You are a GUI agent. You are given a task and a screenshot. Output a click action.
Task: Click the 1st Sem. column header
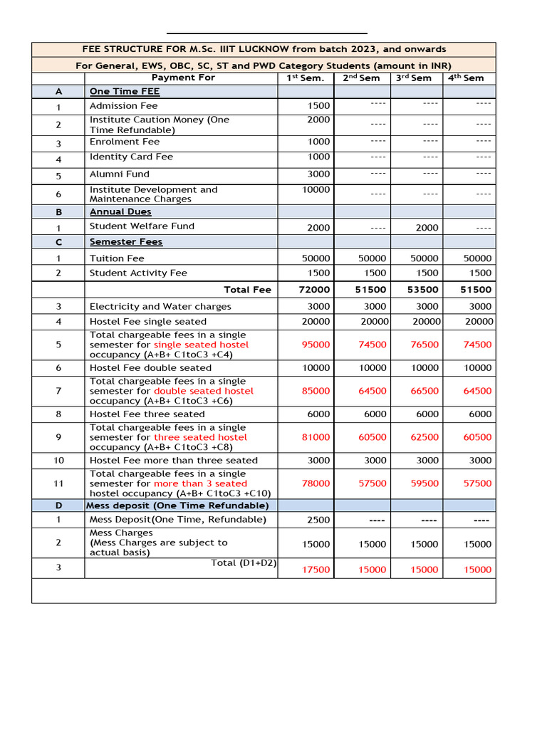[305, 78]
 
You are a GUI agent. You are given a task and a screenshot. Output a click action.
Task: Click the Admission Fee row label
[123, 106]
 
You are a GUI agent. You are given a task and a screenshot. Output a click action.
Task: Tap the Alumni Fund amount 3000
[318, 174]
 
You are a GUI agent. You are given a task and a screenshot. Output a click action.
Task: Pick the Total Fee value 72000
[314, 290]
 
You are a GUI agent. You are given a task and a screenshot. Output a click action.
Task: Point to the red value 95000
[316, 345]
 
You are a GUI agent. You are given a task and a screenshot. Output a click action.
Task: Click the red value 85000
[316, 391]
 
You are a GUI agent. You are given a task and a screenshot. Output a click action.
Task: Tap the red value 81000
[316, 437]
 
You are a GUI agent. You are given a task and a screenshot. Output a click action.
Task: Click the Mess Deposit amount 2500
[318, 520]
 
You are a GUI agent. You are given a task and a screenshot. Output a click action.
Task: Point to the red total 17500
[316, 570]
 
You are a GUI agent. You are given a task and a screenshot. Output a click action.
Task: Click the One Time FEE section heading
[125, 91]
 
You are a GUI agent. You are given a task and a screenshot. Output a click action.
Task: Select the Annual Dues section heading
[120, 211]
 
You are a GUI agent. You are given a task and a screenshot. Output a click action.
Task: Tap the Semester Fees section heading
[126, 242]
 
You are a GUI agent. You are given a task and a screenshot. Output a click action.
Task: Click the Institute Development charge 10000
[316, 189]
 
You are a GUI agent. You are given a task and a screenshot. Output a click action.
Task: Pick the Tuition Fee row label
[117, 258]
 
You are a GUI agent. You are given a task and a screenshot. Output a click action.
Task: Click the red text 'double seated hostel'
[204, 391]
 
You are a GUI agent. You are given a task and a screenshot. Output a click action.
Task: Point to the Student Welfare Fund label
[142, 226]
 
